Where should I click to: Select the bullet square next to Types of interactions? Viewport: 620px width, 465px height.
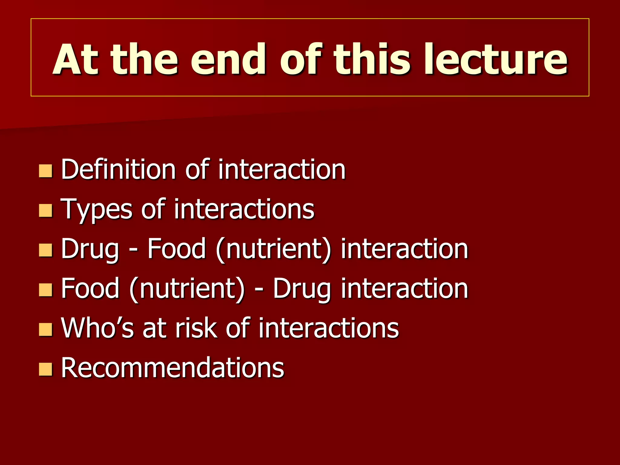coord(46,210)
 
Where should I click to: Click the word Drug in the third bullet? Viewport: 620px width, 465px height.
coord(90,249)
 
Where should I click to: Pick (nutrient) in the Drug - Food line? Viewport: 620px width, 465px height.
coord(274,249)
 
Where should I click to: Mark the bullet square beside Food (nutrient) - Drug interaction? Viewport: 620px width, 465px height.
coord(46,290)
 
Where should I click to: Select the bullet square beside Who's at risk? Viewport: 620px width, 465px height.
coord(46,329)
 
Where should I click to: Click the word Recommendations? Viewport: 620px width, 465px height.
coord(173,368)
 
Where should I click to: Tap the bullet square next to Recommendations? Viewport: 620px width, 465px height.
coord(46,369)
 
